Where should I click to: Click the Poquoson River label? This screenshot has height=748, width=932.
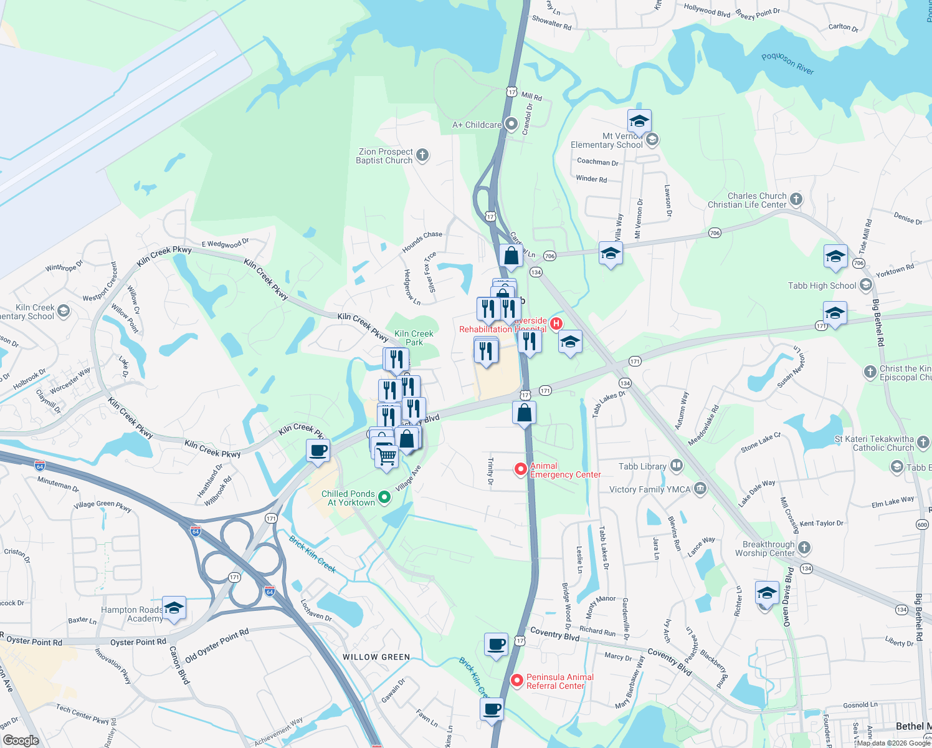click(787, 64)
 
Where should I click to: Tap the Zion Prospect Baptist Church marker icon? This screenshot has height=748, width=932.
click(422, 155)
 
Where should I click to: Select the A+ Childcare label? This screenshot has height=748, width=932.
click(477, 125)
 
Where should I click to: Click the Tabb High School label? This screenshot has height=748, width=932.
click(822, 285)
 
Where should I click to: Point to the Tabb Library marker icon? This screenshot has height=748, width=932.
click(677, 466)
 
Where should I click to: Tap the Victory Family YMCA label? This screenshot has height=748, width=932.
click(650, 489)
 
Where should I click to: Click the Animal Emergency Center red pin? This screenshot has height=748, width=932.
click(521, 469)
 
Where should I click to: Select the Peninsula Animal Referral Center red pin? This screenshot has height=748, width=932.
click(516, 681)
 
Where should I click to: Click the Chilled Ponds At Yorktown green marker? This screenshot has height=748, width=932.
click(384, 497)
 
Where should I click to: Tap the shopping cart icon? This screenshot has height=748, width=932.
click(386, 457)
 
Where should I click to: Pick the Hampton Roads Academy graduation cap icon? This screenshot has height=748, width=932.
click(174, 608)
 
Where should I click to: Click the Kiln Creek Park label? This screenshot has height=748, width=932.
click(414, 338)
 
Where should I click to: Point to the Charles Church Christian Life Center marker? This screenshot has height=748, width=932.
click(796, 199)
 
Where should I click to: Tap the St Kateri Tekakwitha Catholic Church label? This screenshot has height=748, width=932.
click(874, 443)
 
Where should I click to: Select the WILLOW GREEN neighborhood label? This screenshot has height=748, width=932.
click(376, 657)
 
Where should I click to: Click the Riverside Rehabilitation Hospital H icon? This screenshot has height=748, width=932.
click(556, 324)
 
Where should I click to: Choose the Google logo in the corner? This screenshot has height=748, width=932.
click(21, 741)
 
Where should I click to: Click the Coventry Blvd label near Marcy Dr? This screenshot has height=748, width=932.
click(669, 661)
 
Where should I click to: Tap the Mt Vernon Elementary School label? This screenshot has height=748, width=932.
click(606, 140)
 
